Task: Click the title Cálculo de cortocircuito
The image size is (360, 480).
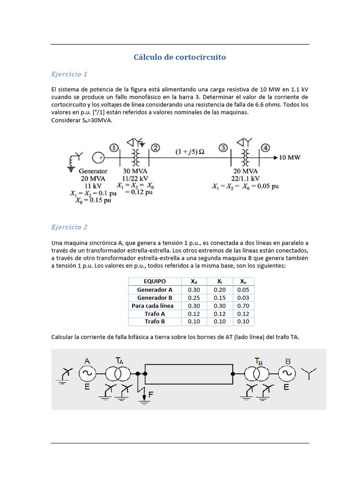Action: coord(180,57)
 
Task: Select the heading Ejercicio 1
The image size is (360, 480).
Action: coord(69,74)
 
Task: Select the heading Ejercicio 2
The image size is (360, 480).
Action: coord(69,227)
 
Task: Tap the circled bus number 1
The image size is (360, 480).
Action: coord(114,148)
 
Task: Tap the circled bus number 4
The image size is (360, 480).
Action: coord(266,148)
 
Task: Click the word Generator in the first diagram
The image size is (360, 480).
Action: coord(93,171)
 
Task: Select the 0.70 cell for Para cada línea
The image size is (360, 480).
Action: coord(243,306)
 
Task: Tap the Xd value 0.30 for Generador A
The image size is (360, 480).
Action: coord(194,290)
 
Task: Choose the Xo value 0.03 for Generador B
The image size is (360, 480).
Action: coord(243,298)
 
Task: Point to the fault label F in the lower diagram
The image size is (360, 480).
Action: coord(150,395)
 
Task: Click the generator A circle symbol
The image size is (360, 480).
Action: coord(87,374)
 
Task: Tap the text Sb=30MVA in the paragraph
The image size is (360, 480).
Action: coord(96,120)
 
